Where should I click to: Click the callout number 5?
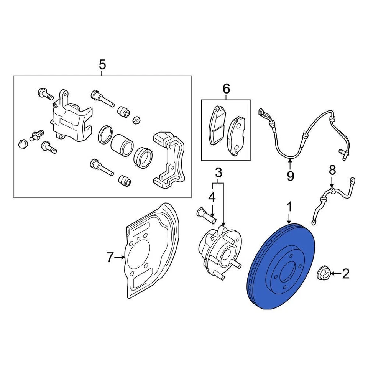102,65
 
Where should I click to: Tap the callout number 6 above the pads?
226,89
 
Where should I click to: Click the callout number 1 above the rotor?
289,207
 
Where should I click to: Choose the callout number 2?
345,274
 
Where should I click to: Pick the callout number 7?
110,258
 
